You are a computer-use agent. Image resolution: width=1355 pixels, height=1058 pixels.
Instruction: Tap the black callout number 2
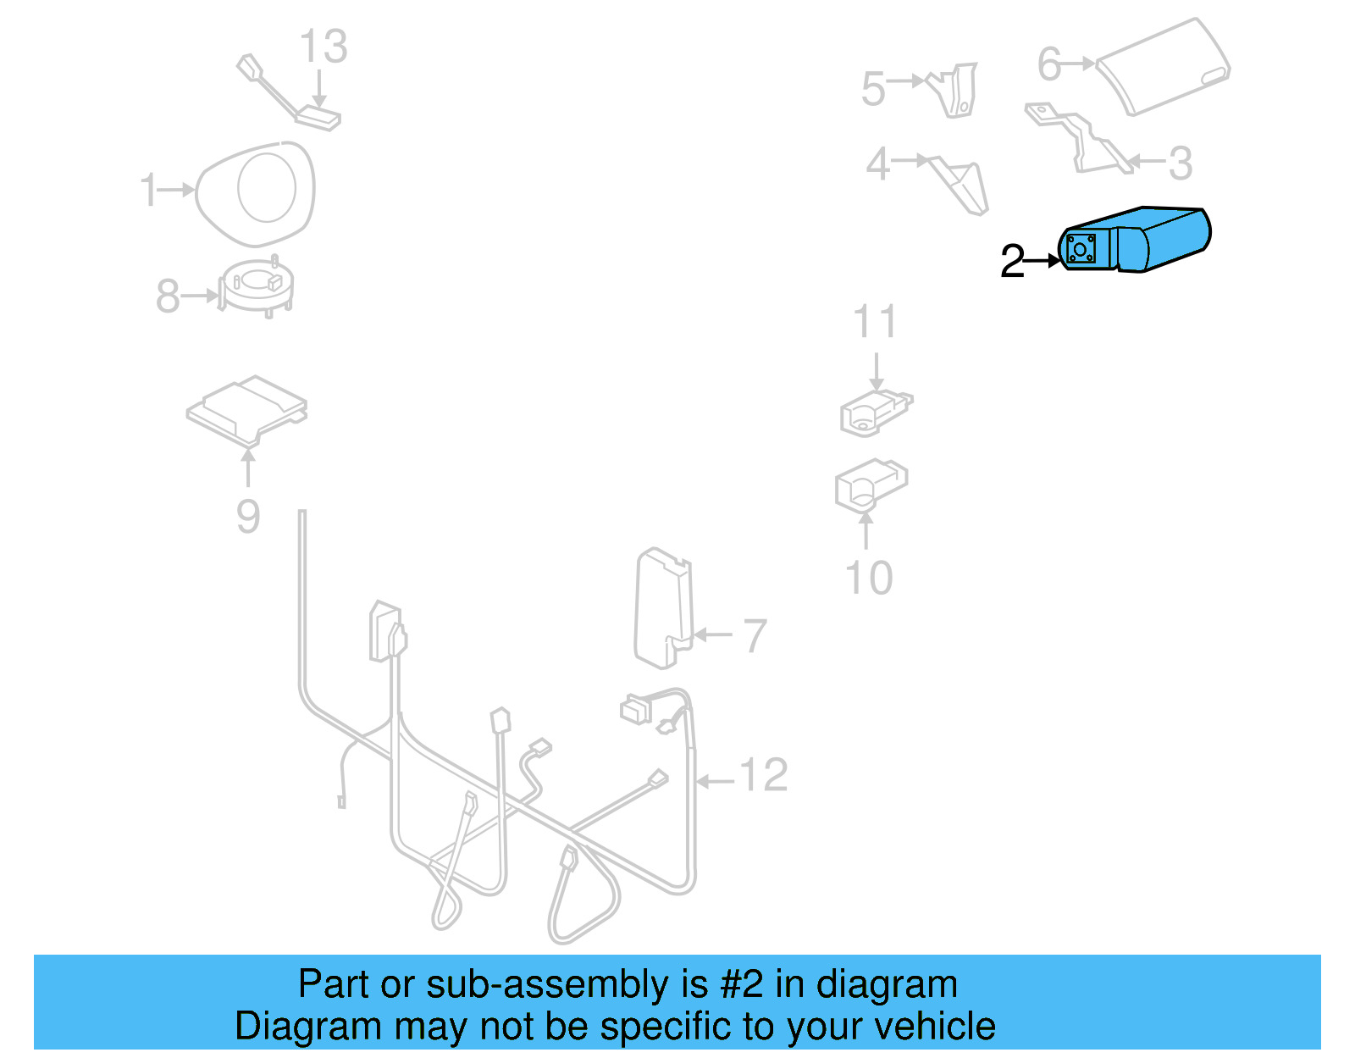(x=1011, y=261)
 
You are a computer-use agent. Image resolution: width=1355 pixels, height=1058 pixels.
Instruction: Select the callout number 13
(x=324, y=47)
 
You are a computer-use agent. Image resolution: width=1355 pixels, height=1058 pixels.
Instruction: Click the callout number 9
(x=247, y=516)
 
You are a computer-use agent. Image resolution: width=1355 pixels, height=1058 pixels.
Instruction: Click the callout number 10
(x=869, y=579)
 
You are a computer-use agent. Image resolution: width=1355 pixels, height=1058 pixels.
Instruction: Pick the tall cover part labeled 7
(x=663, y=610)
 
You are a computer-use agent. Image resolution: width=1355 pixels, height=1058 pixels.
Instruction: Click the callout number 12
(x=763, y=775)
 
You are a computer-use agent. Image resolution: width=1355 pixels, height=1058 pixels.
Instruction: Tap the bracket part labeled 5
(x=957, y=90)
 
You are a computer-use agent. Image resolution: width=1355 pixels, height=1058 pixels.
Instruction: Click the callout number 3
(x=1180, y=163)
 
